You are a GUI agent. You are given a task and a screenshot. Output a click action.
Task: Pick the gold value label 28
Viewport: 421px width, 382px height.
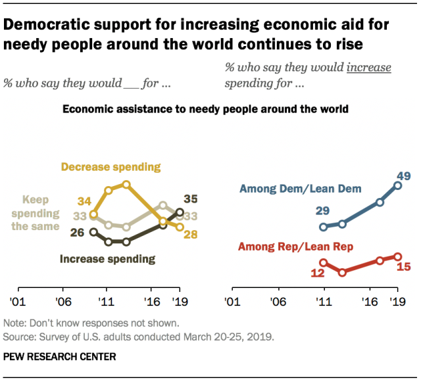point(191,235)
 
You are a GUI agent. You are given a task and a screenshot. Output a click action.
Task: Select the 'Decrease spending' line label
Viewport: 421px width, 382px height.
point(111,167)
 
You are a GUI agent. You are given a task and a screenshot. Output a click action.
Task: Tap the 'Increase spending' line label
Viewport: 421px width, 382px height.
point(107,258)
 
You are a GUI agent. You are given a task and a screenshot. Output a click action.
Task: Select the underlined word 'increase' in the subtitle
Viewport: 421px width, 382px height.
point(368,68)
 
